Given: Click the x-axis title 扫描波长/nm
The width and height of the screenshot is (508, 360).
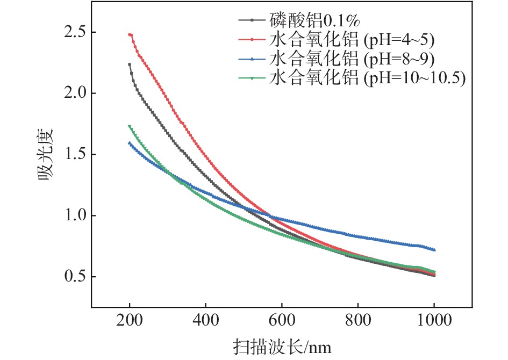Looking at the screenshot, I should [282, 347].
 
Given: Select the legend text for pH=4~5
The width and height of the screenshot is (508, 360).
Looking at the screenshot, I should [350, 40].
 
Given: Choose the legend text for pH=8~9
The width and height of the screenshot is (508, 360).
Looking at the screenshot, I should [350, 59].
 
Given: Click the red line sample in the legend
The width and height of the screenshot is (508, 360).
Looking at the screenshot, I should [252, 40].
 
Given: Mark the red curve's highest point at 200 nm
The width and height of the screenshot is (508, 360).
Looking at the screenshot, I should [130, 34].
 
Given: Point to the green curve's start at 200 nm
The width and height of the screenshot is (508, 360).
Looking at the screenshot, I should [130, 126].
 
